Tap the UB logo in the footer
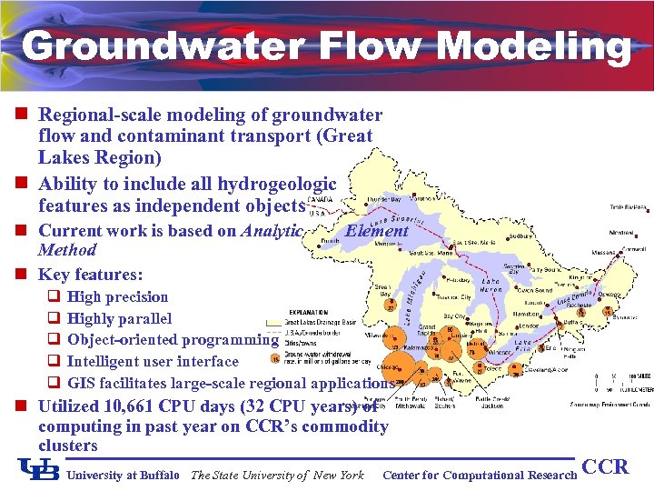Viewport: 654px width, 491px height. coord(39,468)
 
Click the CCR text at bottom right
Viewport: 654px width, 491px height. coord(605,467)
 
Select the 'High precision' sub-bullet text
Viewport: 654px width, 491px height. coord(118,296)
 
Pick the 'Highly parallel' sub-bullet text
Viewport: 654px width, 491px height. coord(119,318)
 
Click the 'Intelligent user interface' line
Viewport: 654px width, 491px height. coord(153,361)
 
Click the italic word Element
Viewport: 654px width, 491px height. coord(376,231)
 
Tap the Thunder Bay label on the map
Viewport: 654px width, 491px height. coord(381,199)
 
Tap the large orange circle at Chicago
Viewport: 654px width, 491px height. coord(406,369)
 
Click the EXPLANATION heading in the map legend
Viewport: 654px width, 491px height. coord(309,312)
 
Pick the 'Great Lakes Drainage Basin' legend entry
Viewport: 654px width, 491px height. coord(318,322)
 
